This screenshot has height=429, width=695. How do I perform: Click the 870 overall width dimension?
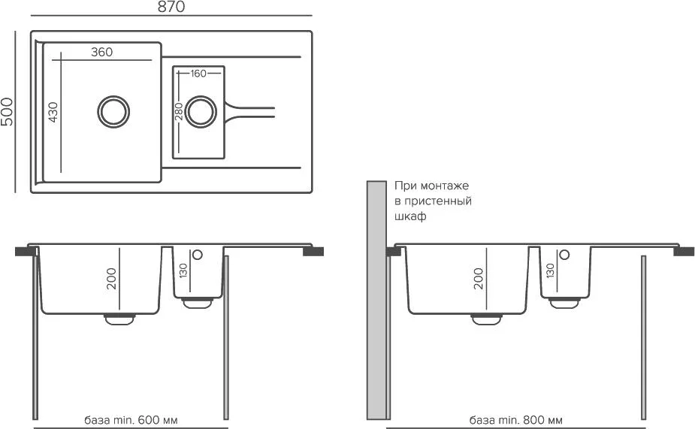171,8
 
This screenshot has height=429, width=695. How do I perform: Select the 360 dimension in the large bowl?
101,53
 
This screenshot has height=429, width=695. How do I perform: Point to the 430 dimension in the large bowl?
53,112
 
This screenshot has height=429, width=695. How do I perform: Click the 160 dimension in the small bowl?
198,74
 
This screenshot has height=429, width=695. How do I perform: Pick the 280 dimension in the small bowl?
179,112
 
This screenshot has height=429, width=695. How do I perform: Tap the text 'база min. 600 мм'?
132,420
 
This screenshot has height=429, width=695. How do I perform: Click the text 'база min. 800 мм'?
515,420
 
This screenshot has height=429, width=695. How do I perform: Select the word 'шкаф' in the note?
410,217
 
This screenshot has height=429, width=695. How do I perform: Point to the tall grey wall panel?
376,301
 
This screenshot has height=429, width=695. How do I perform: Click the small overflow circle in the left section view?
198,255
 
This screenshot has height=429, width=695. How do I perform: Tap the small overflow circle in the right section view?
565,255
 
